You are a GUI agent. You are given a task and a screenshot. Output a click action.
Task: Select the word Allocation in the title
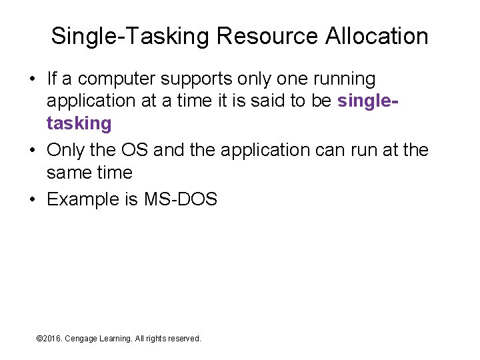click(377, 36)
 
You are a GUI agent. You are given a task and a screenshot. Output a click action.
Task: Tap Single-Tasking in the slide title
click(130, 36)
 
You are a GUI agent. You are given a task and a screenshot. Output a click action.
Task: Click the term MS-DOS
click(181, 199)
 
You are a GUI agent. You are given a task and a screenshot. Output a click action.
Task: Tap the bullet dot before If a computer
click(32, 79)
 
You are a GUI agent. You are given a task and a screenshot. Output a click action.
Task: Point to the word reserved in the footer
click(183, 339)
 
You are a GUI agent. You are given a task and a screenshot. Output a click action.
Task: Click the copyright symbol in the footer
click(39, 339)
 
